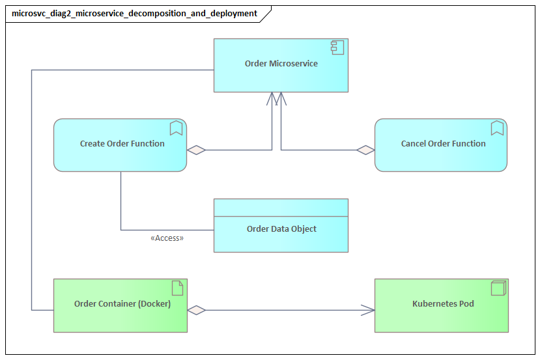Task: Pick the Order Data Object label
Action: pyautogui.click(x=281, y=229)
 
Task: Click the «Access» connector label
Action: pyautogui.click(x=167, y=238)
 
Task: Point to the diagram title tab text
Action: pyautogui.click(x=134, y=13)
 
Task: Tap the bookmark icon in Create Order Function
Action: pyautogui.click(x=176, y=128)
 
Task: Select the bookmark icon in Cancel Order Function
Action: pyautogui.click(x=497, y=128)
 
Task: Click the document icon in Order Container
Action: pyautogui.click(x=177, y=288)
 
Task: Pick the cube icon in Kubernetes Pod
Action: pyautogui.click(x=498, y=288)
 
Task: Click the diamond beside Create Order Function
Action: pyautogui.click(x=196, y=150)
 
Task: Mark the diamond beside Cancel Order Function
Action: pyautogui.click(x=365, y=150)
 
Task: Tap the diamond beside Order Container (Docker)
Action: pyautogui.click(x=196, y=311)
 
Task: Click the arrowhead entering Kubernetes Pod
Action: pyautogui.click(x=368, y=311)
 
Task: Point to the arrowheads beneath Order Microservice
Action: pyautogui.click(x=276, y=98)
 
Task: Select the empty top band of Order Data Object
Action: pyautogui.click(x=281, y=207)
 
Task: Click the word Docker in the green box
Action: pyautogui.click(x=154, y=303)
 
